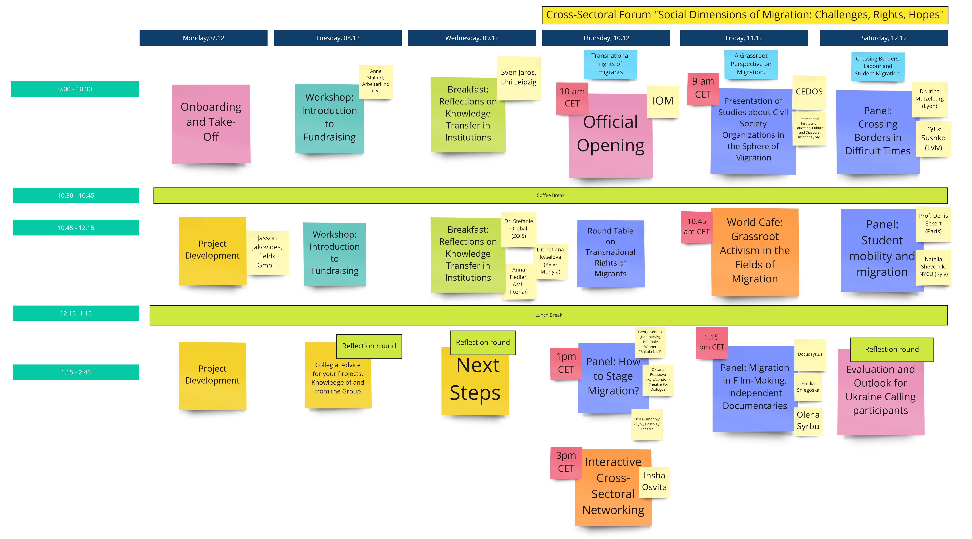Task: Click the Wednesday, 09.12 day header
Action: pyautogui.click(x=472, y=38)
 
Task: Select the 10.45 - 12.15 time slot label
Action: pyautogui.click(x=76, y=228)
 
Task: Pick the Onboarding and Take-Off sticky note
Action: pyautogui.click(x=211, y=124)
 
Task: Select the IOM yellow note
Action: pyautogui.click(x=663, y=101)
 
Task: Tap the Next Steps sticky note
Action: pyautogui.click(x=475, y=381)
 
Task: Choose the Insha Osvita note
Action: pyautogui.click(x=654, y=482)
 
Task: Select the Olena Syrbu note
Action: pyautogui.click(x=808, y=421)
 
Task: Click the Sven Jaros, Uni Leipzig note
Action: pyautogui.click(x=518, y=78)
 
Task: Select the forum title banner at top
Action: pyautogui.click(x=745, y=15)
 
